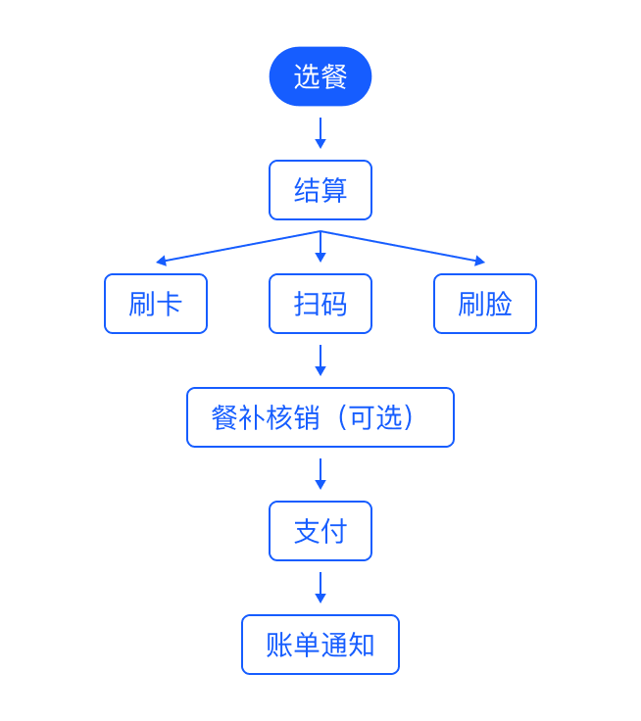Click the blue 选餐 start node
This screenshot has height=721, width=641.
(x=320, y=76)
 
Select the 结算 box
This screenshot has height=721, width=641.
(x=320, y=190)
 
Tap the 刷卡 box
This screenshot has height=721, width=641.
(x=156, y=304)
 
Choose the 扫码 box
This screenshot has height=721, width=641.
(x=320, y=304)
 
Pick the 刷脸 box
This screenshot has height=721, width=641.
(x=485, y=304)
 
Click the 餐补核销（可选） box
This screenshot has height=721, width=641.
(x=320, y=417)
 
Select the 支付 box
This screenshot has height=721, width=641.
(x=320, y=531)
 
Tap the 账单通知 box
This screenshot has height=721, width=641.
(x=320, y=645)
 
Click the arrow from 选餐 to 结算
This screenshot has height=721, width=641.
(x=320, y=133)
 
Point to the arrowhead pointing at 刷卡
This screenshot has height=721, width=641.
(x=161, y=261)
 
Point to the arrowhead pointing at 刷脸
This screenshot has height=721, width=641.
(x=480, y=261)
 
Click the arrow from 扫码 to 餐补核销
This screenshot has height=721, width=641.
(x=320, y=360)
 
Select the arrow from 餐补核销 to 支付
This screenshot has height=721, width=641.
(x=320, y=474)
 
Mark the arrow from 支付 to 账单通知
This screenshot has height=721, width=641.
(x=320, y=588)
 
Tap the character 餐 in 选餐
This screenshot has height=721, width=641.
(x=334, y=76)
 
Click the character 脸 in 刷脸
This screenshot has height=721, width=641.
(x=499, y=304)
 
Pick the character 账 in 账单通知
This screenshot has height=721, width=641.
(x=279, y=645)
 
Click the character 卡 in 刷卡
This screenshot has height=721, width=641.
(x=170, y=304)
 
